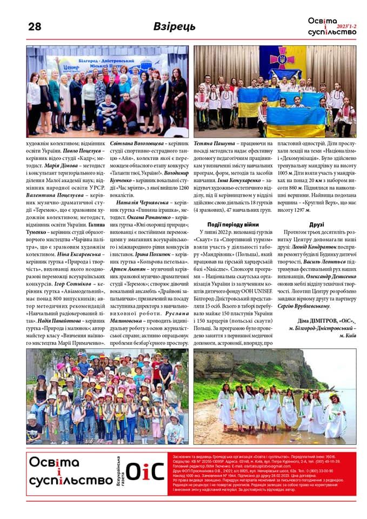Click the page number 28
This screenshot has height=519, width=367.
(34, 26)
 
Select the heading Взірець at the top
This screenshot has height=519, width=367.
(174, 26)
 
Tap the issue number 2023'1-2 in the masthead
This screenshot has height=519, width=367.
(345, 25)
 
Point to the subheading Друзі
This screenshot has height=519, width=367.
(317, 224)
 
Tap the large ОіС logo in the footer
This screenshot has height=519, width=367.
(144, 473)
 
